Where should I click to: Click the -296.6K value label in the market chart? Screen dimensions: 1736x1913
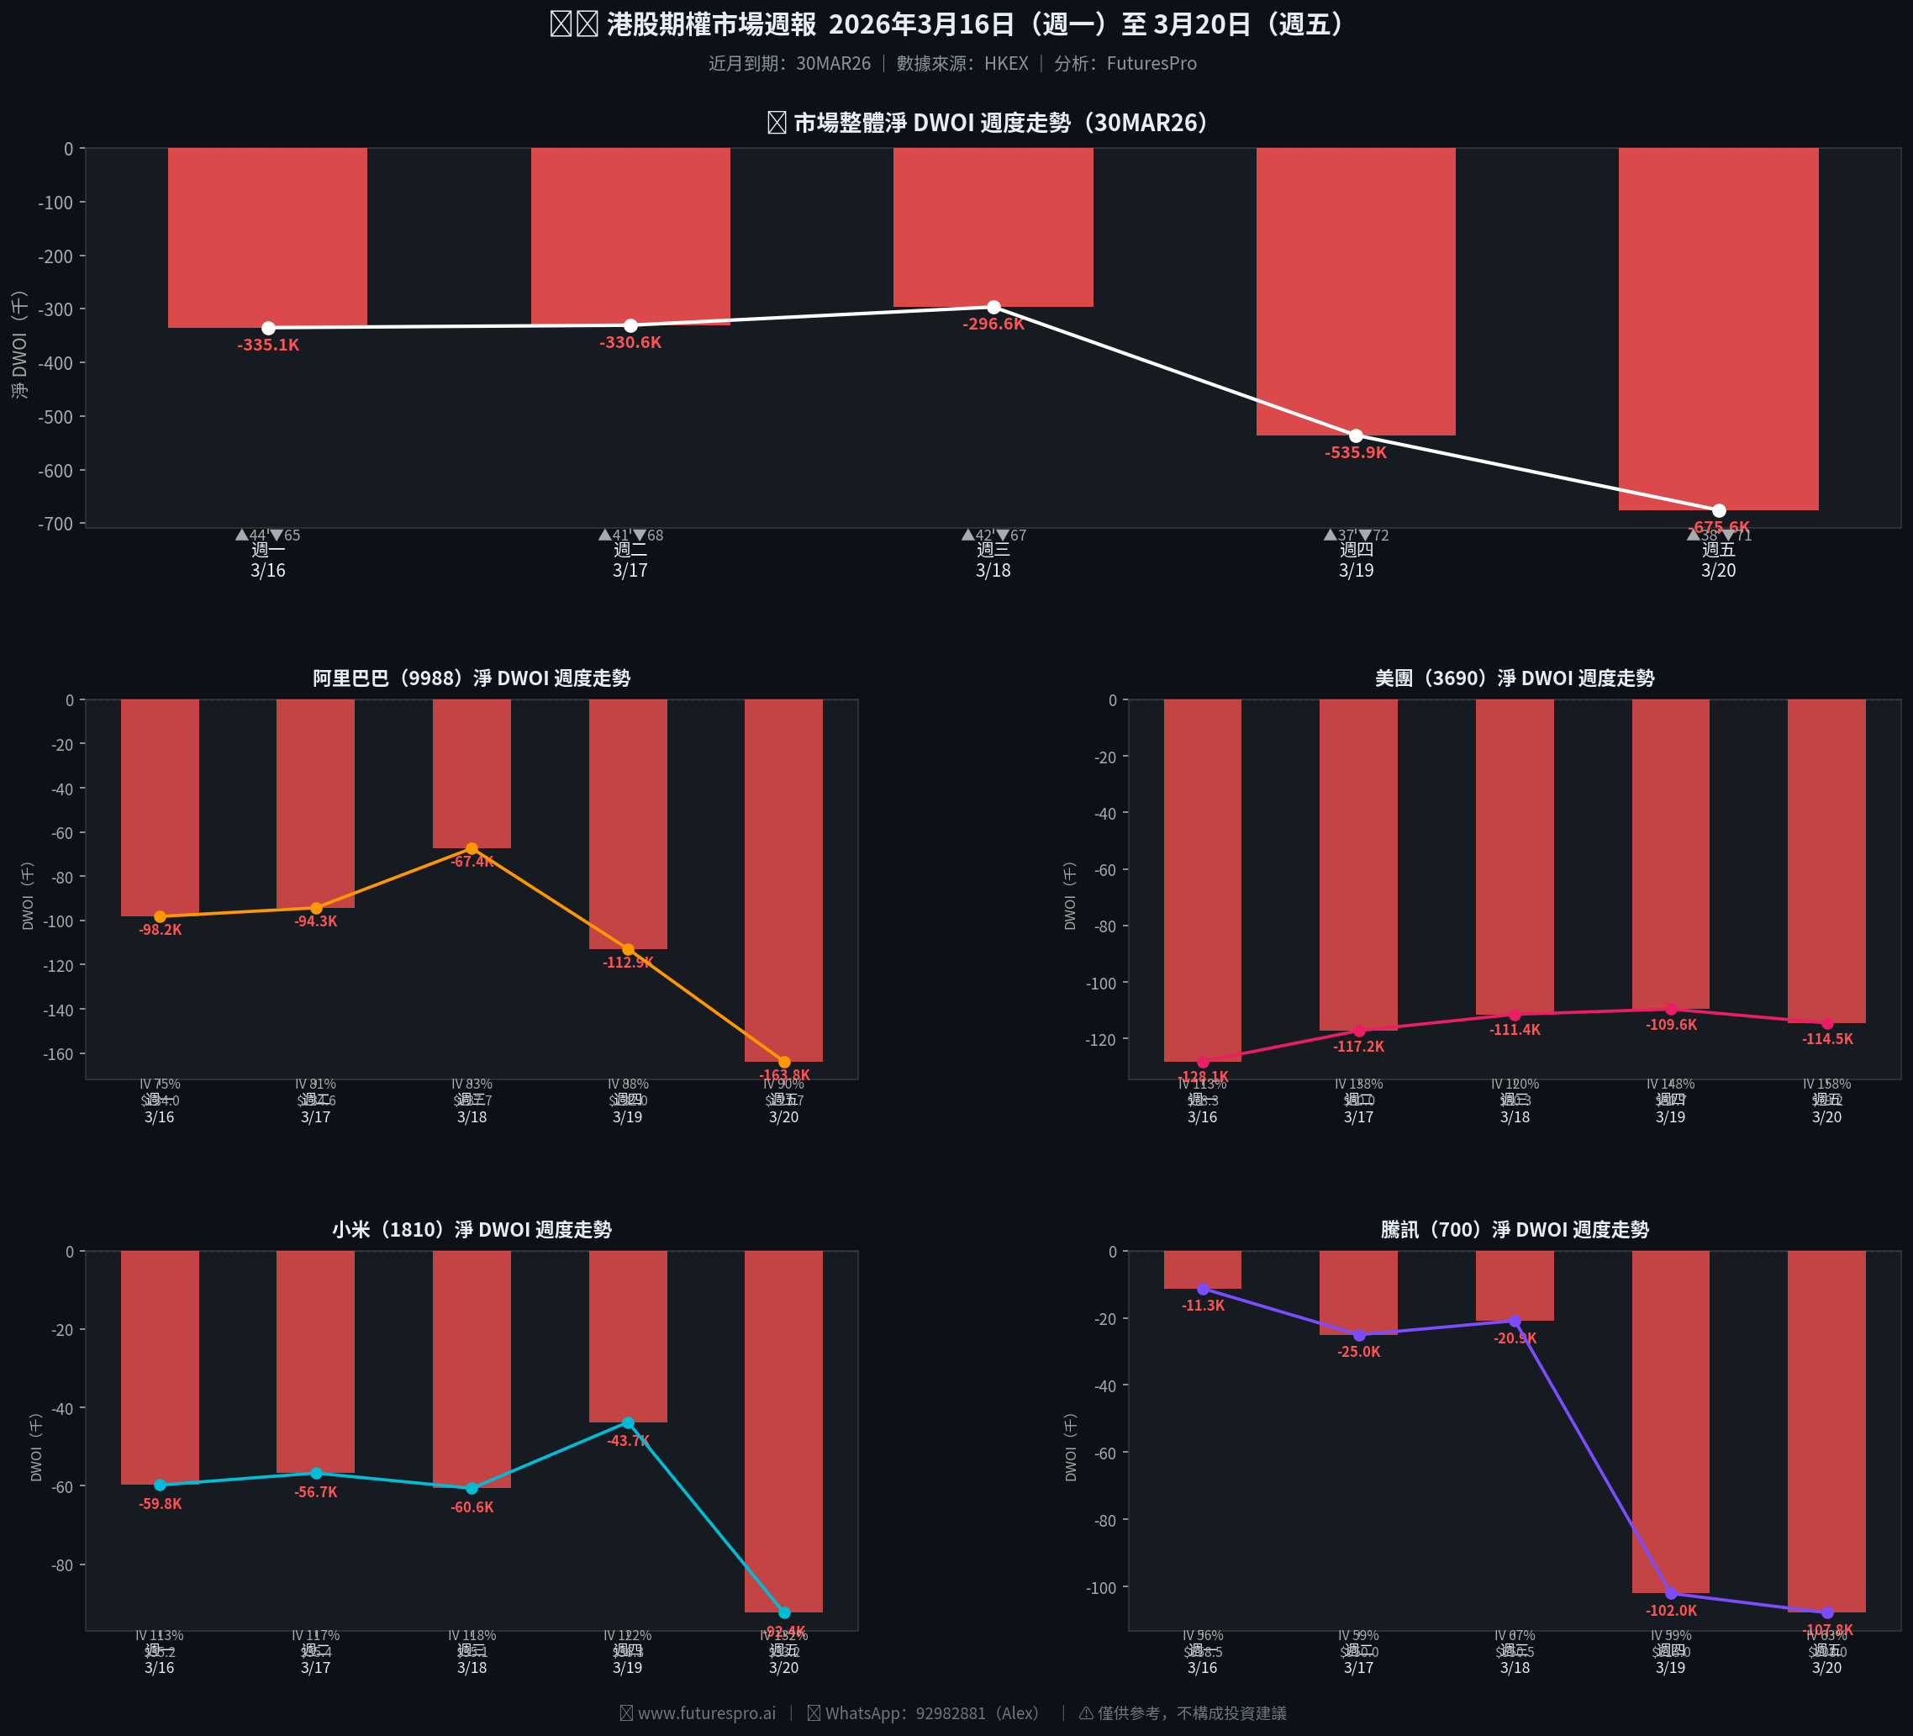point(993,325)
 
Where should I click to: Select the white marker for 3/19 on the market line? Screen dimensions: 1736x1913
point(1356,435)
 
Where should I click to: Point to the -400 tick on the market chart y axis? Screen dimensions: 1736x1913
point(61,363)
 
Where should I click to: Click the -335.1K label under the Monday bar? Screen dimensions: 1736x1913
point(268,346)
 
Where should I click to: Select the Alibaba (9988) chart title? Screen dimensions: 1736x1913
point(472,678)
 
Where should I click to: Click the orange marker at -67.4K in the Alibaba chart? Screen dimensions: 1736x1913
point(472,848)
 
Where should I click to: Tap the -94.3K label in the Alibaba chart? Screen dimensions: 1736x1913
point(316,921)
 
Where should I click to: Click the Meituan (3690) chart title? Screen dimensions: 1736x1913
point(1515,678)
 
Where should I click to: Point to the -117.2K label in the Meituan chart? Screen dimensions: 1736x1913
point(1359,1047)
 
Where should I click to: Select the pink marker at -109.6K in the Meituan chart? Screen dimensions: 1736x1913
point(1671,1009)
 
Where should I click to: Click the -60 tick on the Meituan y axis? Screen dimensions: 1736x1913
point(1105,870)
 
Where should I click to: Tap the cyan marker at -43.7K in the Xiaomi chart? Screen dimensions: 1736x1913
point(628,1422)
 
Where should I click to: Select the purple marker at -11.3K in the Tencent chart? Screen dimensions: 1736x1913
point(1204,1289)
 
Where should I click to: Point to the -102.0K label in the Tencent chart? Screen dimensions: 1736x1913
point(1671,1611)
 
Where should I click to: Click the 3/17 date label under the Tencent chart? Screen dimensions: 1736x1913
point(1359,1668)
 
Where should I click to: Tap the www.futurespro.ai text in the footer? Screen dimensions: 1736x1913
point(706,1713)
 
